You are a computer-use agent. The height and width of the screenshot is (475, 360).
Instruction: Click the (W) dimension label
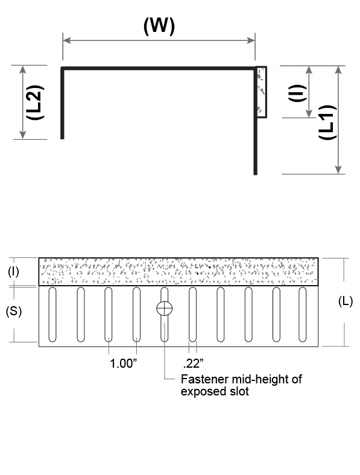click(x=159, y=26)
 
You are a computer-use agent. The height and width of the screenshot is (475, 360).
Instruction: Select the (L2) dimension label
click(x=35, y=102)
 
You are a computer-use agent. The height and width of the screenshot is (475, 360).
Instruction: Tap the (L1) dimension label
click(x=327, y=122)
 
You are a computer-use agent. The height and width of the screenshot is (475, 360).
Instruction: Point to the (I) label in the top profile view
click(x=297, y=93)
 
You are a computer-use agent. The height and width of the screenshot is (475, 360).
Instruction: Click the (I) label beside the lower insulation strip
click(x=13, y=272)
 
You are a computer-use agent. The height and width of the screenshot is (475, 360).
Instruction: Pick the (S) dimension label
click(x=14, y=311)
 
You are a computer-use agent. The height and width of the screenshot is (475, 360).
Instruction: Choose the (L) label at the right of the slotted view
click(x=346, y=301)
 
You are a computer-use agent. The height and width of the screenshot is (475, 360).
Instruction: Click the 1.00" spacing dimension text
click(x=123, y=363)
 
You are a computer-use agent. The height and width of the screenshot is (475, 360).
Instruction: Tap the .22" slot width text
click(x=193, y=363)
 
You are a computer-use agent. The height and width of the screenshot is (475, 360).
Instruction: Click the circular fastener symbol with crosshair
click(x=164, y=309)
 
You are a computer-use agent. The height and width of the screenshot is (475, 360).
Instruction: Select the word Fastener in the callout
click(x=204, y=379)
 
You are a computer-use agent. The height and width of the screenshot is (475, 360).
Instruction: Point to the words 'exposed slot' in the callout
click(x=215, y=391)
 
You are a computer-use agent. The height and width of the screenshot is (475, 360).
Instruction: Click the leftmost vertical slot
click(x=52, y=315)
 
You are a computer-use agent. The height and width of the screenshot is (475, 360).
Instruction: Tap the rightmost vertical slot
click(x=303, y=315)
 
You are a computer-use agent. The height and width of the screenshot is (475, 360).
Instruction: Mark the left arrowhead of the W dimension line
click(x=67, y=40)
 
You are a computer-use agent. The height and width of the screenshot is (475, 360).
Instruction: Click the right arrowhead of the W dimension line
click(x=251, y=40)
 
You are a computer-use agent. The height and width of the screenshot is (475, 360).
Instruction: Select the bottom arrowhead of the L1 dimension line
click(x=338, y=170)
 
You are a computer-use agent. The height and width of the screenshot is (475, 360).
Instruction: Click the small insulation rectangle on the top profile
click(x=262, y=92)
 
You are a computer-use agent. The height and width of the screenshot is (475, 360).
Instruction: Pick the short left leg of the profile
click(x=62, y=103)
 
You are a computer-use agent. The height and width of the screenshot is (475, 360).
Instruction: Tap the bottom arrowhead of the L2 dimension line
click(x=23, y=135)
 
